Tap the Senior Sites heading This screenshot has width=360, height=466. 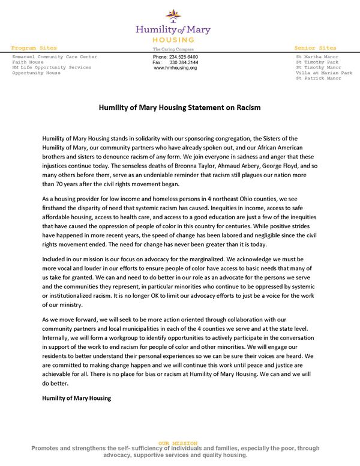pyautogui.click(x=315, y=47)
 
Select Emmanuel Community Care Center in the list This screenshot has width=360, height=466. pyautogui.click(x=54, y=56)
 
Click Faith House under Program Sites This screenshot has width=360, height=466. pyautogui.click(x=28, y=62)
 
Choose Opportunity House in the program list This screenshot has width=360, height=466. pyautogui.click(x=36, y=73)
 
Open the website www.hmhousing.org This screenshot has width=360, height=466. pyautogui.click(x=175, y=68)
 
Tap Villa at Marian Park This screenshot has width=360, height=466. pyautogui.click(x=324, y=73)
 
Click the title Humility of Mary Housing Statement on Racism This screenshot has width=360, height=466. pyautogui.click(x=179, y=108)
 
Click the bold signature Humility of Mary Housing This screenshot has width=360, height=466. pyautogui.click(x=76, y=398)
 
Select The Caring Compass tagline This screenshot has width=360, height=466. pyautogui.click(x=172, y=48)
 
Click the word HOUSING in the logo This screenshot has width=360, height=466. pyautogui.click(x=173, y=38)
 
